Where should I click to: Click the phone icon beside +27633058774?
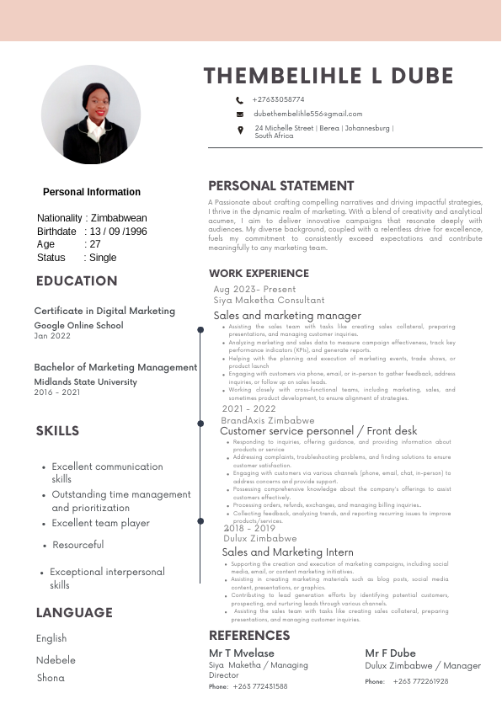239,100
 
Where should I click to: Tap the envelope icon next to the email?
239,114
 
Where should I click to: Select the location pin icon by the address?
240,131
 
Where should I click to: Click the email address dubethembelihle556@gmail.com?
307,114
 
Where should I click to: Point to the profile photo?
91,115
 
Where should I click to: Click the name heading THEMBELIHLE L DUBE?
328,76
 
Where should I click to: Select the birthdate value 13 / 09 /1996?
118,232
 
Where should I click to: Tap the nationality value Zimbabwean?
119,218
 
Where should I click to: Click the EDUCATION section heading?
77,281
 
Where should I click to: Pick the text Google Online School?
78,325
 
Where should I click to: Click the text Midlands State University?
85,381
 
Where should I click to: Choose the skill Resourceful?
77,545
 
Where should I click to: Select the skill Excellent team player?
100,523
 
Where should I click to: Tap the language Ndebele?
56,660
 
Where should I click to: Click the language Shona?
51,678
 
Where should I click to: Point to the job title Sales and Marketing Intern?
287,552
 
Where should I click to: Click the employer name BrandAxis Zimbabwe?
267,420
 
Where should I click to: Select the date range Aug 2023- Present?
254,290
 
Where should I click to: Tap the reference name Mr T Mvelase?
241,653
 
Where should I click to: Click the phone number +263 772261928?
420,681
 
